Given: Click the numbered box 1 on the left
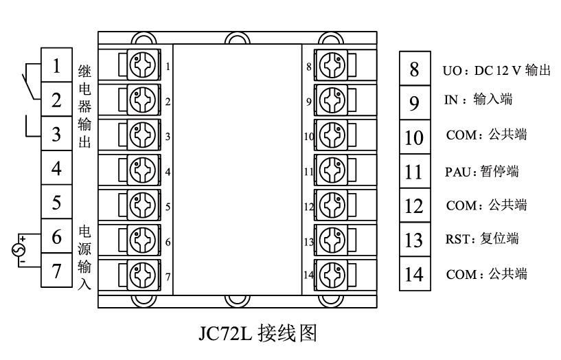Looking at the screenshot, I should coord(57,67).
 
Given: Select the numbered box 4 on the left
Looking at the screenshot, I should coord(57,168).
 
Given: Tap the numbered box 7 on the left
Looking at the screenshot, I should coord(57,271).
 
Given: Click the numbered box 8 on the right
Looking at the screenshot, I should coord(413,69).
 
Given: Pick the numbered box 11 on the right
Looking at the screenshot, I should coord(413,171).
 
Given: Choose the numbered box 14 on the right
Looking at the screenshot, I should coord(413,274).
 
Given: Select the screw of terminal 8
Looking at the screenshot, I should coord(332,66).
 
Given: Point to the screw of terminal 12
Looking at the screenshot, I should coord(332,205).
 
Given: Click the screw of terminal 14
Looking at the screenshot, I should coord(332,274).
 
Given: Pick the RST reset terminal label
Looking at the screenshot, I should coord(481,239).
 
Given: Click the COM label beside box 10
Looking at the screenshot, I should coord(486,135).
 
